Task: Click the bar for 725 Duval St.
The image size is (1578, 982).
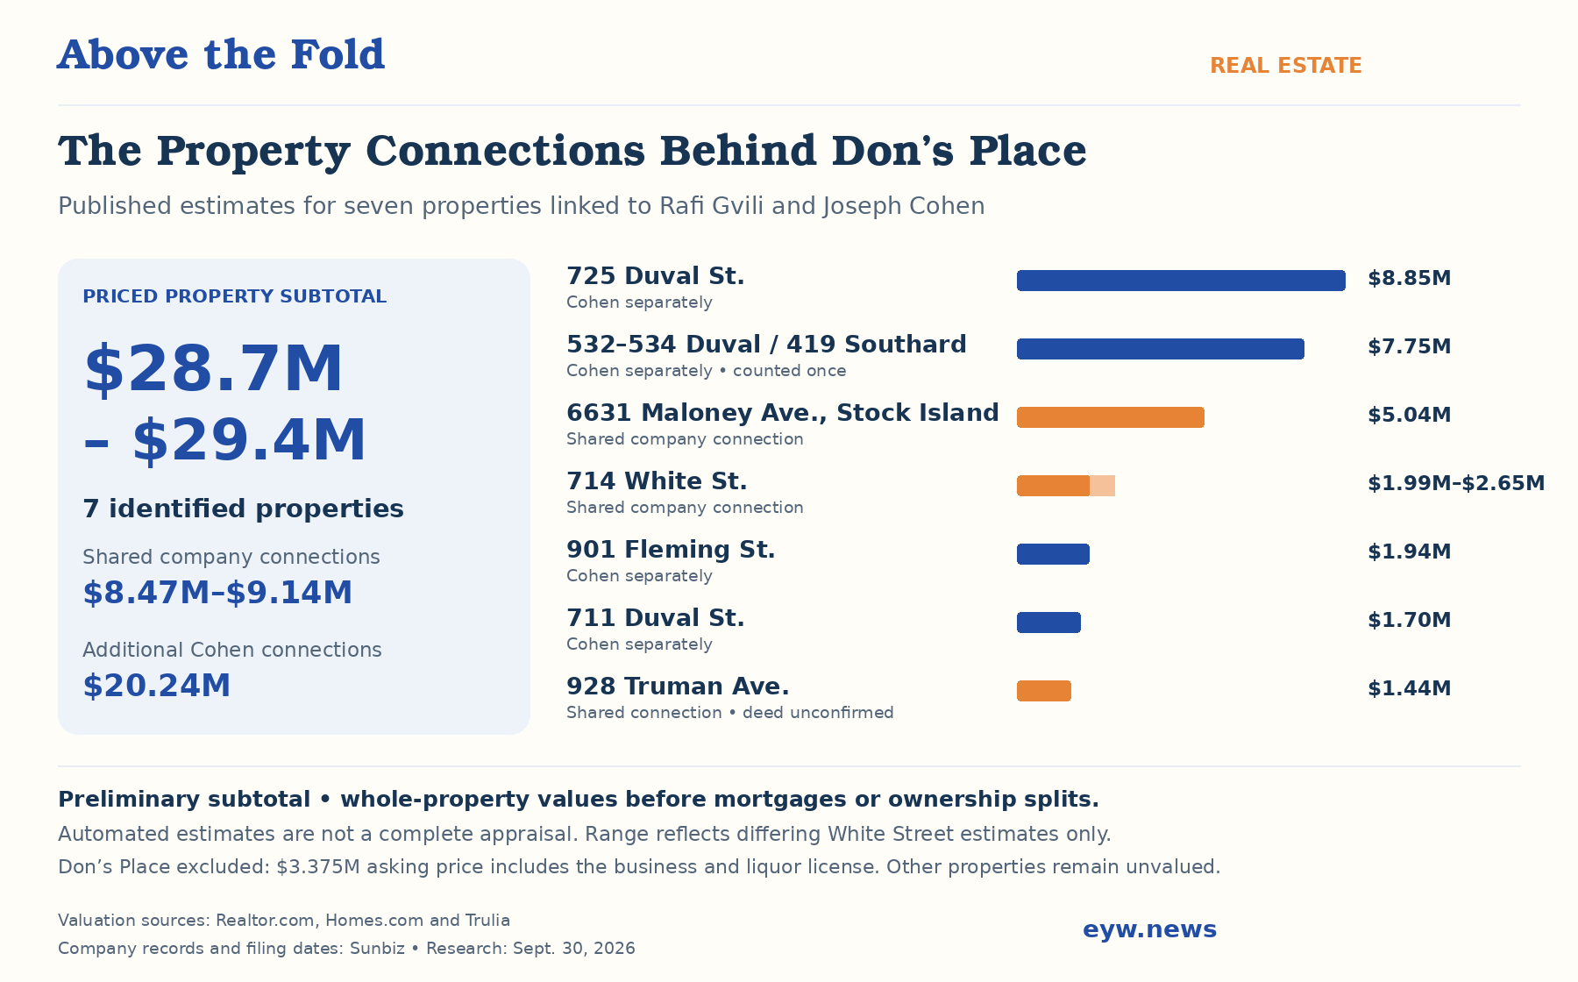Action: (x=1181, y=281)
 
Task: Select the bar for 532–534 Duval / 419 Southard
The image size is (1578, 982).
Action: (x=1161, y=349)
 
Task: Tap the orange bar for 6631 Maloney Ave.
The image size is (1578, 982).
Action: (x=1111, y=417)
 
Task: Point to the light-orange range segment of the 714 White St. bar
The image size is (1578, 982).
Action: (x=1103, y=486)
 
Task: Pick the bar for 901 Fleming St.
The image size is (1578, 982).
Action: (x=1053, y=554)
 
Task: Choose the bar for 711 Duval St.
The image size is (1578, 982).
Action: (x=1048, y=623)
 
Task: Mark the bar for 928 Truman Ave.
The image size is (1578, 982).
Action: (x=1044, y=691)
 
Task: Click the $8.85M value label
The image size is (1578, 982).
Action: (x=1410, y=279)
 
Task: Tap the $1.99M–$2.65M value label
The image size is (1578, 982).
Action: (x=1456, y=483)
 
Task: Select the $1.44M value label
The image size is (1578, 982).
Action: (x=1410, y=688)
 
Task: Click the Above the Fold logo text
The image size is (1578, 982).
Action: (x=221, y=54)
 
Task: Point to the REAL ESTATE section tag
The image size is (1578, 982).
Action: (x=1286, y=66)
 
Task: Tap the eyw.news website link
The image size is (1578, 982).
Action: (x=1150, y=929)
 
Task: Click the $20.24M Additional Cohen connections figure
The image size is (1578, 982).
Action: (x=157, y=686)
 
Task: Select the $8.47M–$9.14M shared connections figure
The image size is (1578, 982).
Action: (x=217, y=593)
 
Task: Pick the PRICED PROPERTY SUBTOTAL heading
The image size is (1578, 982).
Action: (x=234, y=296)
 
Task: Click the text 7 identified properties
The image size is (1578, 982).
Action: (x=243, y=509)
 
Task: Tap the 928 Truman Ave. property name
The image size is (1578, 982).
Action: (x=678, y=687)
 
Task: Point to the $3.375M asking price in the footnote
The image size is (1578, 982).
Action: (x=318, y=867)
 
